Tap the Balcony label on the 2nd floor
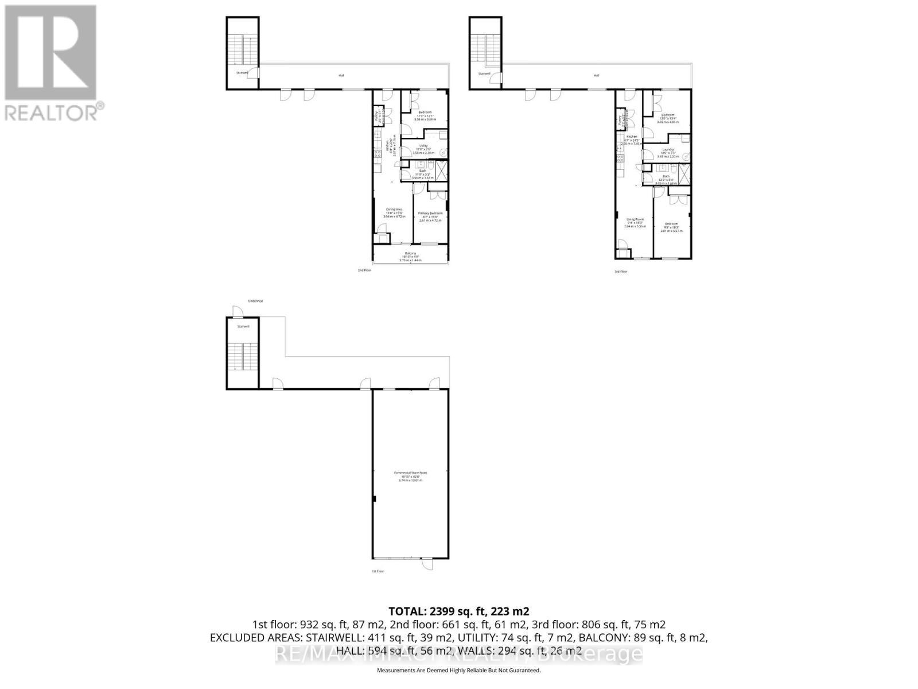point(410,254)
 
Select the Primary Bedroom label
point(430,214)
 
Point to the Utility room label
point(424,146)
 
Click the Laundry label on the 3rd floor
point(667,149)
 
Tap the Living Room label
point(635,219)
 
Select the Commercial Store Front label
point(410,473)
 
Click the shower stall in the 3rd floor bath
point(684,173)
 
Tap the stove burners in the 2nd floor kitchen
point(378,153)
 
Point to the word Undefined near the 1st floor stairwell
point(255,301)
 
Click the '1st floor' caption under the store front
point(378,571)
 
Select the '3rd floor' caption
point(620,272)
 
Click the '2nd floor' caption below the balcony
point(364,270)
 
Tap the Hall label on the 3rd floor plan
point(596,75)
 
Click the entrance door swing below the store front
point(426,565)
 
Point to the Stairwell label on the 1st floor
point(243,326)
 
